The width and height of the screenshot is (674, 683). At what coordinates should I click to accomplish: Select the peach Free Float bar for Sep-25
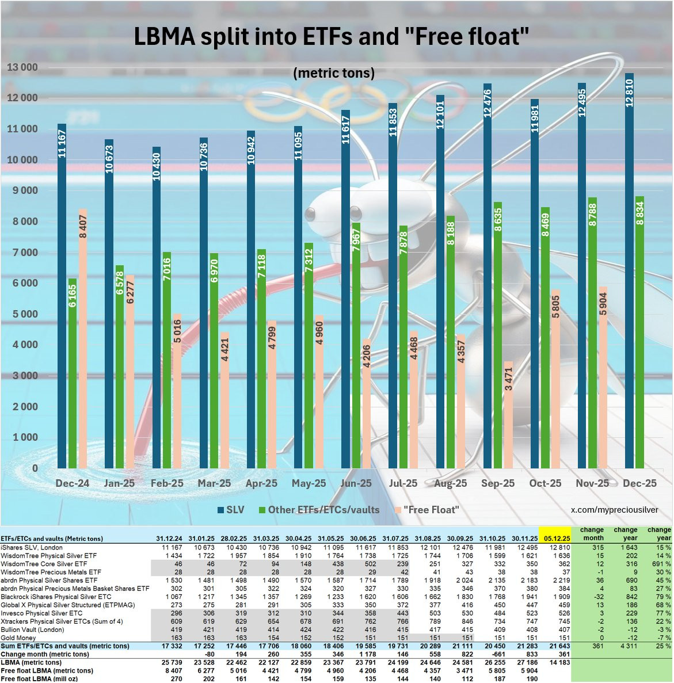508,414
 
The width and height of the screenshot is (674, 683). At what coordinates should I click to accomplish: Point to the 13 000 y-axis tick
22,67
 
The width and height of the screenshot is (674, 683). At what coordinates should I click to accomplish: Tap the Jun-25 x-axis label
356,483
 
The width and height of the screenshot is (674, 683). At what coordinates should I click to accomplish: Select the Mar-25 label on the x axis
214,483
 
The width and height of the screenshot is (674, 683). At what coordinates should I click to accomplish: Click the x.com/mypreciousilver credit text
614,510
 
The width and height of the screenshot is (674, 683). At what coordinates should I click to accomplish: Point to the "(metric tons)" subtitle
334,74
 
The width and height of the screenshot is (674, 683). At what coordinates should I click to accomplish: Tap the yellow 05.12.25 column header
555,539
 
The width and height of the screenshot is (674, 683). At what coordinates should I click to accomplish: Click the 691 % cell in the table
659,564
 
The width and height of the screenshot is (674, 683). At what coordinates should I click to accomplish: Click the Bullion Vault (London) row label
32,629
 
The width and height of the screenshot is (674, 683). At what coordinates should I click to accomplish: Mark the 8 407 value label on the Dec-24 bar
83,226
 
